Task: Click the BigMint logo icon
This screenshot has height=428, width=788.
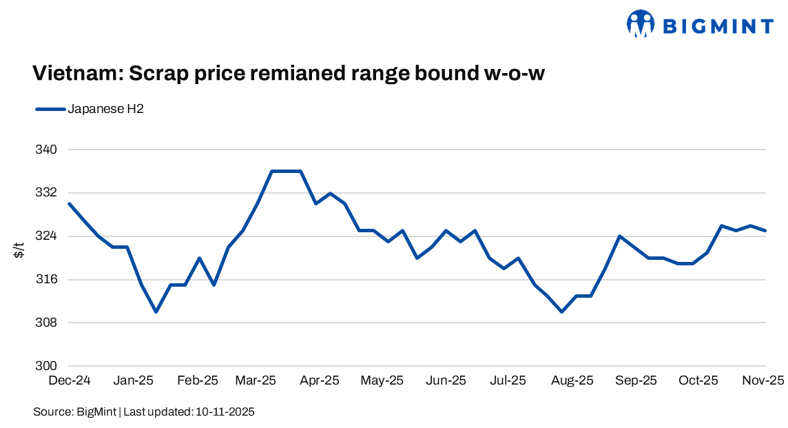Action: pyautogui.click(x=640, y=24)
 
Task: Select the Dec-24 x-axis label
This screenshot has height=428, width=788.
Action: pyautogui.click(x=70, y=380)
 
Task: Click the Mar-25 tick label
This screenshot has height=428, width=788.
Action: pyautogui.click(x=256, y=380)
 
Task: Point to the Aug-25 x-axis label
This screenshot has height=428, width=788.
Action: pyautogui.click(x=572, y=380)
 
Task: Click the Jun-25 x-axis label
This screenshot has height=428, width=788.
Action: pyautogui.click(x=446, y=380)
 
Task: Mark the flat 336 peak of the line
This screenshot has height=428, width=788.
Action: pyautogui.click(x=286, y=171)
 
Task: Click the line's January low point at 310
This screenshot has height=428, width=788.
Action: pyautogui.click(x=156, y=312)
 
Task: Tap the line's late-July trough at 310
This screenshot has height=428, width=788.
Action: pyautogui.click(x=562, y=312)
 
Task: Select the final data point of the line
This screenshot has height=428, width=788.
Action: pyautogui.click(x=765, y=231)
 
